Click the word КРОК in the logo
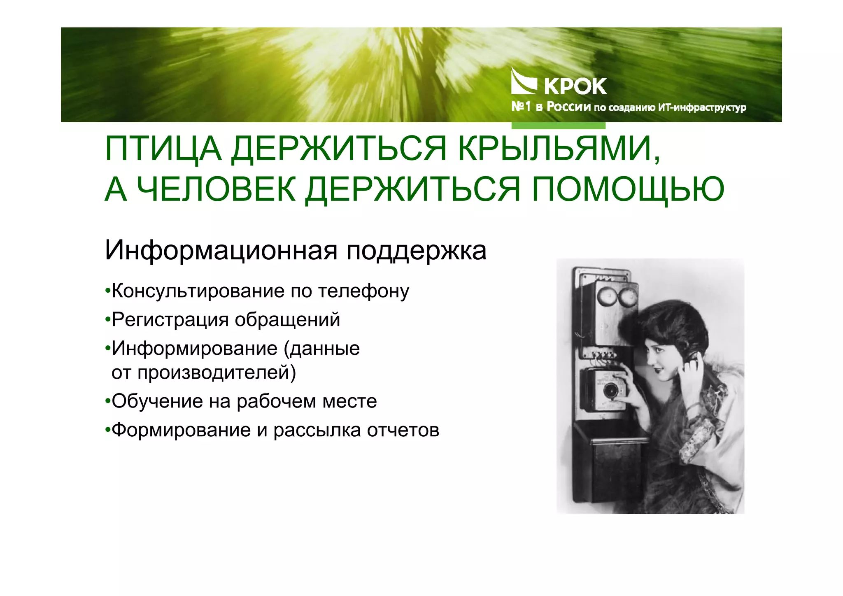(x=575, y=86)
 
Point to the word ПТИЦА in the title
(x=163, y=149)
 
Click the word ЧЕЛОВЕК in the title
(x=216, y=190)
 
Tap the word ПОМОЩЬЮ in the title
(x=628, y=190)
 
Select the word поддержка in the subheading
(x=416, y=250)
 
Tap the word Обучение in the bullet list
(x=157, y=401)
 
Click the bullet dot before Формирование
(x=107, y=431)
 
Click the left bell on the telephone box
(x=605, y=297)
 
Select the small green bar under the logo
(x=558, y=126)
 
